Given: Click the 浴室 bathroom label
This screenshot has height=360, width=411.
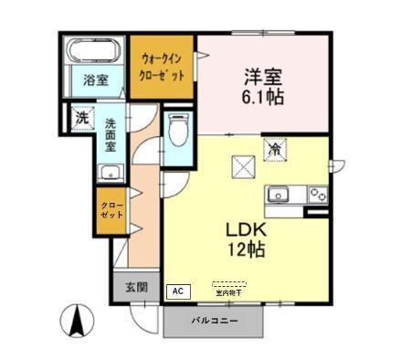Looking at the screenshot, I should [95, 79].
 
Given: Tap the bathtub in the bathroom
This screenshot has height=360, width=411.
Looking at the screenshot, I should [95, 50].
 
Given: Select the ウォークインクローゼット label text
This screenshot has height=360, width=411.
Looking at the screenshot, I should [162, 68].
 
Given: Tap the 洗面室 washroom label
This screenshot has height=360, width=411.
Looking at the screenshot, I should [111, 135].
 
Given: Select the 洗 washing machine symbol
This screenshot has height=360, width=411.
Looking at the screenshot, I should [81, 118].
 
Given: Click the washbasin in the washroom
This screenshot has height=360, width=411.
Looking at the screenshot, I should [111, 172].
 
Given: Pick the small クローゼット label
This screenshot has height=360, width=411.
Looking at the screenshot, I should [111, 208].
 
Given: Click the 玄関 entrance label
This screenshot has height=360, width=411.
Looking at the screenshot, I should [135, 286].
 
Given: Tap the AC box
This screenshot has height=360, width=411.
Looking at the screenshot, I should [178, 291].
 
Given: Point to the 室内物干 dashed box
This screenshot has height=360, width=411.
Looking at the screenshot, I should [229, 290].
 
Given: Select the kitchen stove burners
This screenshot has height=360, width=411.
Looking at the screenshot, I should [318, 194].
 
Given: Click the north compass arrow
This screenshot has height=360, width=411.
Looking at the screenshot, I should [78, 322].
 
